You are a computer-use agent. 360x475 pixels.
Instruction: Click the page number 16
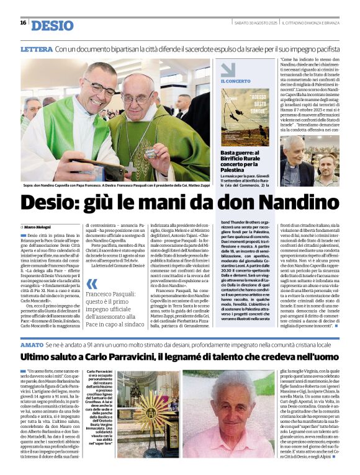pos(23,23)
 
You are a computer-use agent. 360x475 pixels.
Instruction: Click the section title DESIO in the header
pos(52,25)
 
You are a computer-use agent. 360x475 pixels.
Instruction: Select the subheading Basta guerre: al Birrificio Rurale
pos(245,159)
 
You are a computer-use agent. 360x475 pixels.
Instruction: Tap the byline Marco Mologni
pos(38,227)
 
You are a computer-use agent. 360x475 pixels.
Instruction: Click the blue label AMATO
pos(32,344)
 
